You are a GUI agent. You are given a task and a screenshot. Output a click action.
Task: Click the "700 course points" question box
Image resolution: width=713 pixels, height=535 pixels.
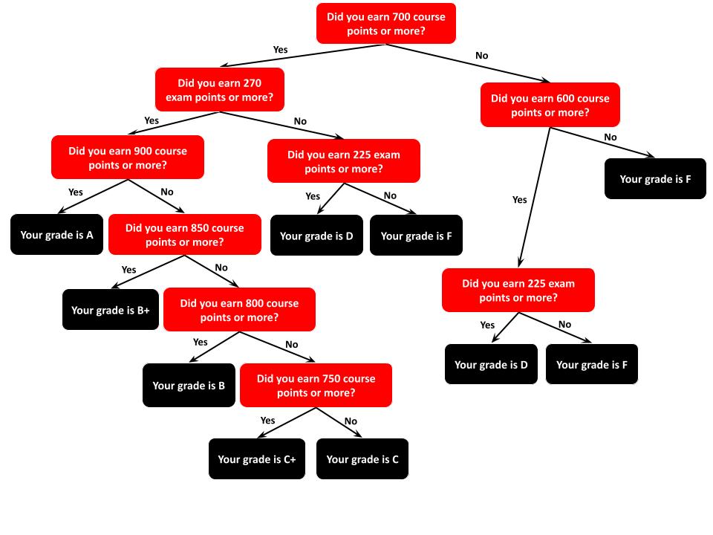pyautogui.click(x=385, y=24)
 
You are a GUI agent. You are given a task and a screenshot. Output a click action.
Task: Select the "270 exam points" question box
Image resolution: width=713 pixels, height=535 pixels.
pyautogui.click(x=219, y=90)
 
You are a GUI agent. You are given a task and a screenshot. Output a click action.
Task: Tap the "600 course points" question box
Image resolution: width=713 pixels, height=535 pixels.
pyautogui.click(x=550, y=105)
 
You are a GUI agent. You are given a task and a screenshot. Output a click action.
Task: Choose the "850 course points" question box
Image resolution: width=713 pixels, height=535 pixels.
pyautogui.click(x=185, y=235)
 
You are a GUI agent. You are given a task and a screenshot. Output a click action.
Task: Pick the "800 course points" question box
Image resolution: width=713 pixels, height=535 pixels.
pyautogui.click(x=239, y=310)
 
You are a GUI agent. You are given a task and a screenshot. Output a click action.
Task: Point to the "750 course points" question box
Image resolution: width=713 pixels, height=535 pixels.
pyautogui.click(x=316, y=385)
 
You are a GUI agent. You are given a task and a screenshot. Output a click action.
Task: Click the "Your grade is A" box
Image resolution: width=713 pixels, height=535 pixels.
pyautogui.click(x=56, y=235)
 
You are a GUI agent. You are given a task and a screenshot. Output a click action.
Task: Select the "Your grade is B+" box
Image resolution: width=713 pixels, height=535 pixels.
pyautogui.click(x=110, y=310)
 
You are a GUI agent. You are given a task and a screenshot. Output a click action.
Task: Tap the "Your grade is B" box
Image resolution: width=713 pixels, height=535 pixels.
pyautogui.click(x=189, y=386)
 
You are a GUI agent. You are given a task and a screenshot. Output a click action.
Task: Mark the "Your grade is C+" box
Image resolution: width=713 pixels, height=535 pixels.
pyautogui.click(x=256, y=459)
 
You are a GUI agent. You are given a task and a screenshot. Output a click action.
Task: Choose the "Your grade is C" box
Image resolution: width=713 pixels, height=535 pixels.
pyautogui.click(x=362, y=459)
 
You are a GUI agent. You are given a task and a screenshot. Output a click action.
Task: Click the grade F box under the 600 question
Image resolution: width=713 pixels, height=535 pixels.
pyautogui.click(x=654, y=179)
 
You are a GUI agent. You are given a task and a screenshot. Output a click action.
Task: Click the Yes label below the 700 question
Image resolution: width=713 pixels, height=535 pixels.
pyautogui.click(x=280, y=50)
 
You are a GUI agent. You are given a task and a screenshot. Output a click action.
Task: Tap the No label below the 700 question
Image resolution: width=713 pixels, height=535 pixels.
pyautogui.click(x=482, y=56)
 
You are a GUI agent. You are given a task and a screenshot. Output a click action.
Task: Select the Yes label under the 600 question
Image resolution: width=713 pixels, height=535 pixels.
pyautogui.click(x=519, y=200)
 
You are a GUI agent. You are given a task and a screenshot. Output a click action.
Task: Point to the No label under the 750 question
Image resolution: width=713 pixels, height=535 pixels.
pyautogui.click(x=351, y=421)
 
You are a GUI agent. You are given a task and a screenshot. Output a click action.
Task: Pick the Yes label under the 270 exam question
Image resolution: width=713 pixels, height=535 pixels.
pyautogui.click(x=152, y=120)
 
